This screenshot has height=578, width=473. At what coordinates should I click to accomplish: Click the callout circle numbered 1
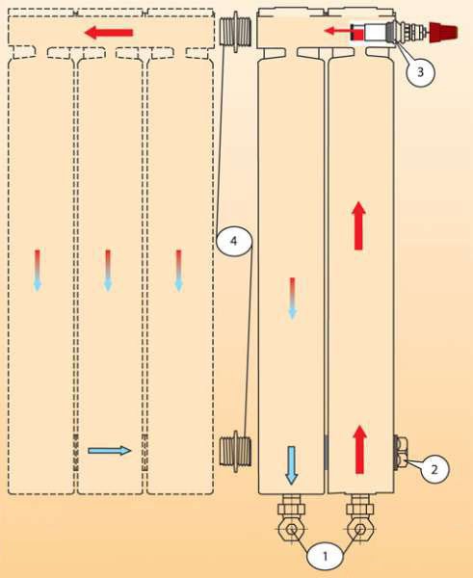pos(326,556)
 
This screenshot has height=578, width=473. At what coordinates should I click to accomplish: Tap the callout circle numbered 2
pos(434,469)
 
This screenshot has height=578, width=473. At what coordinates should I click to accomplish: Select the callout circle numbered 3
pos(421,72)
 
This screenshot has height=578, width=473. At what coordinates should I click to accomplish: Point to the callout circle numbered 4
pos(234,242)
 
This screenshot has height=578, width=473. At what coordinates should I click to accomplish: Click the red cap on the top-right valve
pos(443,32)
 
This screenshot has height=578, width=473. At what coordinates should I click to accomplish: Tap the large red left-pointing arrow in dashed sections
pos(109,33)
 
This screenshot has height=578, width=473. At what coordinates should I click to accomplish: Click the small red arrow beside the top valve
pos(337,31)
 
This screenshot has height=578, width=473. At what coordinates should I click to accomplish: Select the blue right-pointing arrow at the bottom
pos(110,450)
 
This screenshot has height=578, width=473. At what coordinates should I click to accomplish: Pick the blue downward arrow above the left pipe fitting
pos(291,465)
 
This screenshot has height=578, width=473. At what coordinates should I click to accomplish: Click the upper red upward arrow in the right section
pos(358,225)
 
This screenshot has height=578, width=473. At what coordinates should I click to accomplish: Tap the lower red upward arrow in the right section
pos(359,449)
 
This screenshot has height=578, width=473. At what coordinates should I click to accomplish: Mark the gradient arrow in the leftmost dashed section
pos(38,271)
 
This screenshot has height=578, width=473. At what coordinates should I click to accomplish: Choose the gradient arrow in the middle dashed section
pos(108,271)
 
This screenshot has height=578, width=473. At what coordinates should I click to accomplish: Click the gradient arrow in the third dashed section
pos(179,271)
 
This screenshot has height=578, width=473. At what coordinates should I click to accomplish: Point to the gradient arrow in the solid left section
pos(292,299)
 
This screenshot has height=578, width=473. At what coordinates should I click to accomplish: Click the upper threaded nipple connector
pos(235,32)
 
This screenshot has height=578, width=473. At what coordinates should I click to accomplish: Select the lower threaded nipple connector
pos(235,451)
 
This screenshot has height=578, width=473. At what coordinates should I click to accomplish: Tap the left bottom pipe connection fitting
pos(291,517)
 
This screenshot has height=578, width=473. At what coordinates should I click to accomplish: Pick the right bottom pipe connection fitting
pos(360,517)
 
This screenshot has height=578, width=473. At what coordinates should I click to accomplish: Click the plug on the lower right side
pos(401,453)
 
